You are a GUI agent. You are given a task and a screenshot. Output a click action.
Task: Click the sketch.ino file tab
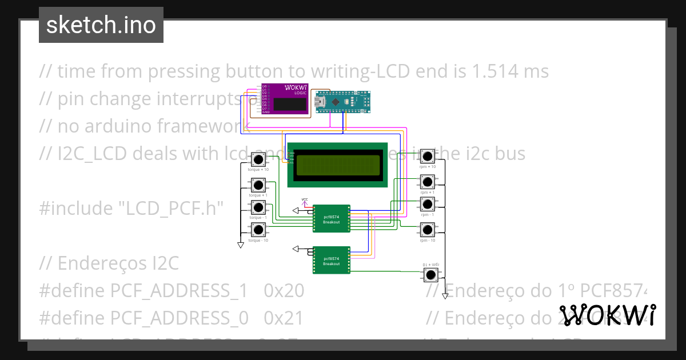click(101, 25)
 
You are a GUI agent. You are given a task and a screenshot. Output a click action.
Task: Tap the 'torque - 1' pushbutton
click(258, 207)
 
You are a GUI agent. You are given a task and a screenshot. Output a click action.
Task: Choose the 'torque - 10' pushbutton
click(258, 230)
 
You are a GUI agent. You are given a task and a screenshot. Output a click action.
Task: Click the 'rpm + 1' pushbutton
click(427, 182)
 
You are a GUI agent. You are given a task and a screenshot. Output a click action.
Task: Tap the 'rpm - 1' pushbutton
click(427, 204)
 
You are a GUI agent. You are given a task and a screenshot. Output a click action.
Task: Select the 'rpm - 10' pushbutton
click(427, 230)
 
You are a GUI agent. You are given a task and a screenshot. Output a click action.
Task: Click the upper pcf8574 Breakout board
click(332, 219)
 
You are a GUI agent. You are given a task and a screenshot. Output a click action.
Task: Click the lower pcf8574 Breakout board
click(332, 261)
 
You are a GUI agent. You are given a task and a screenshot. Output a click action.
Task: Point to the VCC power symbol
click(304, 201)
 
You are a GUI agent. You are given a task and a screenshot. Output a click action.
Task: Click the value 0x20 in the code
click(284, 291)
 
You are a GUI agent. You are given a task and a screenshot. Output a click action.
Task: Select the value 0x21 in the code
click(284, 317)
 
